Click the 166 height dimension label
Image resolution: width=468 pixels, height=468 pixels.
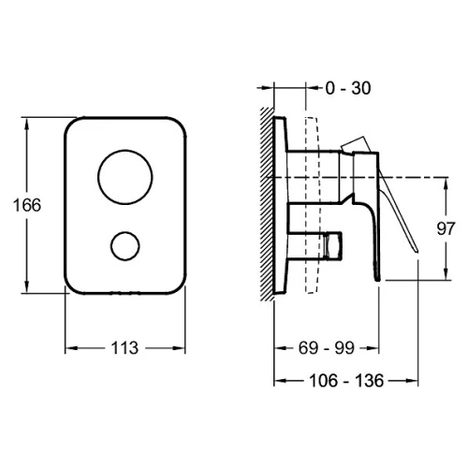click(27, 205)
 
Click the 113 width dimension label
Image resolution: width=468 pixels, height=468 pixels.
click(124, 348)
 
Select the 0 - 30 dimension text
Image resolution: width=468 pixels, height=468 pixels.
click(348, 88)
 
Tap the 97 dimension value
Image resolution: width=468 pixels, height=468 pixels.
click(446, 228)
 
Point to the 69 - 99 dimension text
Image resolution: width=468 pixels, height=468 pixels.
click(327, 348)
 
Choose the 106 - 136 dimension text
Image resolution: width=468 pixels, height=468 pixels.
click(346, 381)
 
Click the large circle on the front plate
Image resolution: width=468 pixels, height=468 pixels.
click(125, 177)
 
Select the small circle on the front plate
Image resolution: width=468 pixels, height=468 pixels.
click(125, 246)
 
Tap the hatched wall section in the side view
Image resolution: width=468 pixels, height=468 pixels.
click(268, 204)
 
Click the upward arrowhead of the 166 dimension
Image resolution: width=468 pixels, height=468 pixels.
click(27, 124)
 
